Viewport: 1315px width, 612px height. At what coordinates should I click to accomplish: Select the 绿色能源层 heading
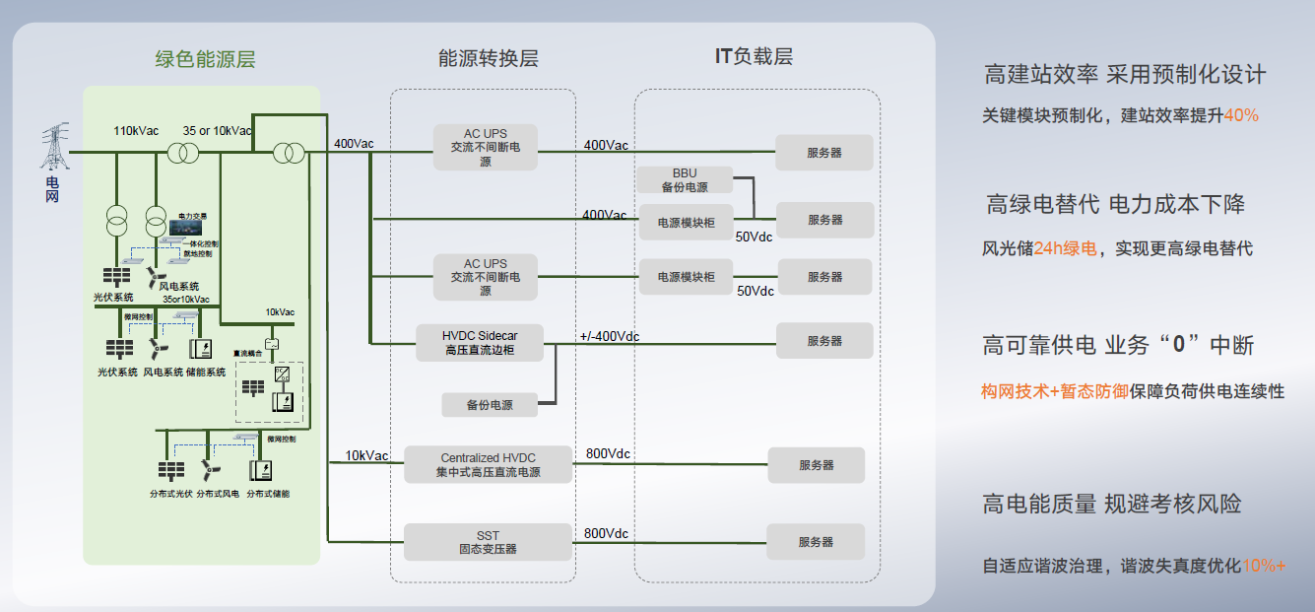tap(205, 59)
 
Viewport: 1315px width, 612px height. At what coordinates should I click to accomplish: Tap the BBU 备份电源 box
tap(685, 180)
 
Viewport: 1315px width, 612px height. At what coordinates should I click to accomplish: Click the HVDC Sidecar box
tap(480, 343)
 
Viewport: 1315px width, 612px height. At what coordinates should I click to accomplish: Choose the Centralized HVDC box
tap(489, 464)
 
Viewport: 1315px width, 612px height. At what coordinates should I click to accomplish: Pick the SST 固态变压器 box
tap(489, 542)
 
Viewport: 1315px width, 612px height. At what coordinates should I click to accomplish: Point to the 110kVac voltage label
tap(136, 131)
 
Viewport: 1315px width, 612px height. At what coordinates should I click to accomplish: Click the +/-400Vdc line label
tap(610, 337)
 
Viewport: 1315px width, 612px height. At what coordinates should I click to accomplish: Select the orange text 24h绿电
tap(1065, 248)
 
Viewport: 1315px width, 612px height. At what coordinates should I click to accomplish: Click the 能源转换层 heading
tap(489, 58)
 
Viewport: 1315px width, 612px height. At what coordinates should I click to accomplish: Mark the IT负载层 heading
tap(754, 56)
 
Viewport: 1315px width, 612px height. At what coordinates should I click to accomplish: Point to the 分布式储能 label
tap(268, 493)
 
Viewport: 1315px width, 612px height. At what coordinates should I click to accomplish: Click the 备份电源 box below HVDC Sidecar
tap(490, 404)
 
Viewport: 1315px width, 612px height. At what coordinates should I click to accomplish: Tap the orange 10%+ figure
tap(1264, 566)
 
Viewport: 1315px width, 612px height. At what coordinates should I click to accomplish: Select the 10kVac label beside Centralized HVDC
tap(366, 455)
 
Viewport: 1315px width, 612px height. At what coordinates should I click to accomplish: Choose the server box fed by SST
tap(817, 542)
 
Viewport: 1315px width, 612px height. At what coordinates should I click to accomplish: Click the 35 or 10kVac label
tap(217, 131)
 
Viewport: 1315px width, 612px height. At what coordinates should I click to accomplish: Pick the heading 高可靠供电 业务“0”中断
tap(1118, 345)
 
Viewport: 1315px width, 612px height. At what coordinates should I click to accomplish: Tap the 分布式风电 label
tap(218, 493)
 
